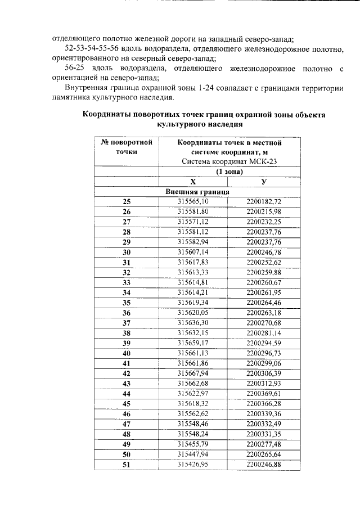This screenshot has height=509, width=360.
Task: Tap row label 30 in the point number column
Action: (126, 252)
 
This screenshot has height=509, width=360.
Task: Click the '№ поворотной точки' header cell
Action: (126, 147)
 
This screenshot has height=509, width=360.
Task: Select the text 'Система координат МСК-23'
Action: (228, 161)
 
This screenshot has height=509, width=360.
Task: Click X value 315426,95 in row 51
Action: (193, 465)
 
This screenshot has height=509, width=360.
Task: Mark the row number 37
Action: (126, 322)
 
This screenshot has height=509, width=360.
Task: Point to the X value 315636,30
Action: (193, 322)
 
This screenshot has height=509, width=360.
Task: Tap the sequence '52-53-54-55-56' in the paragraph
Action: (92, 48)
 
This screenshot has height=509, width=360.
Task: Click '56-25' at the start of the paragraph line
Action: (76, 68)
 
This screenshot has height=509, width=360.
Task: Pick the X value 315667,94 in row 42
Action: (193, 373)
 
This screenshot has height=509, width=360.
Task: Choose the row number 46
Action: (126, 414)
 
